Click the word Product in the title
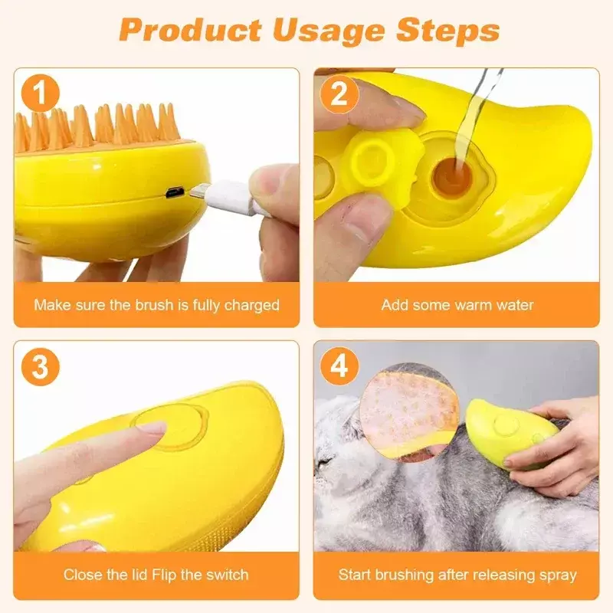coord(190,29)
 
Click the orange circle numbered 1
coord(40,93)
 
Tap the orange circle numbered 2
coord(339,93)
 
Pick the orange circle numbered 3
coord(40,367)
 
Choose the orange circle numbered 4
coord(339,367)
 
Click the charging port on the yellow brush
coord(175,193)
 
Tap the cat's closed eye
coord(323,464)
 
